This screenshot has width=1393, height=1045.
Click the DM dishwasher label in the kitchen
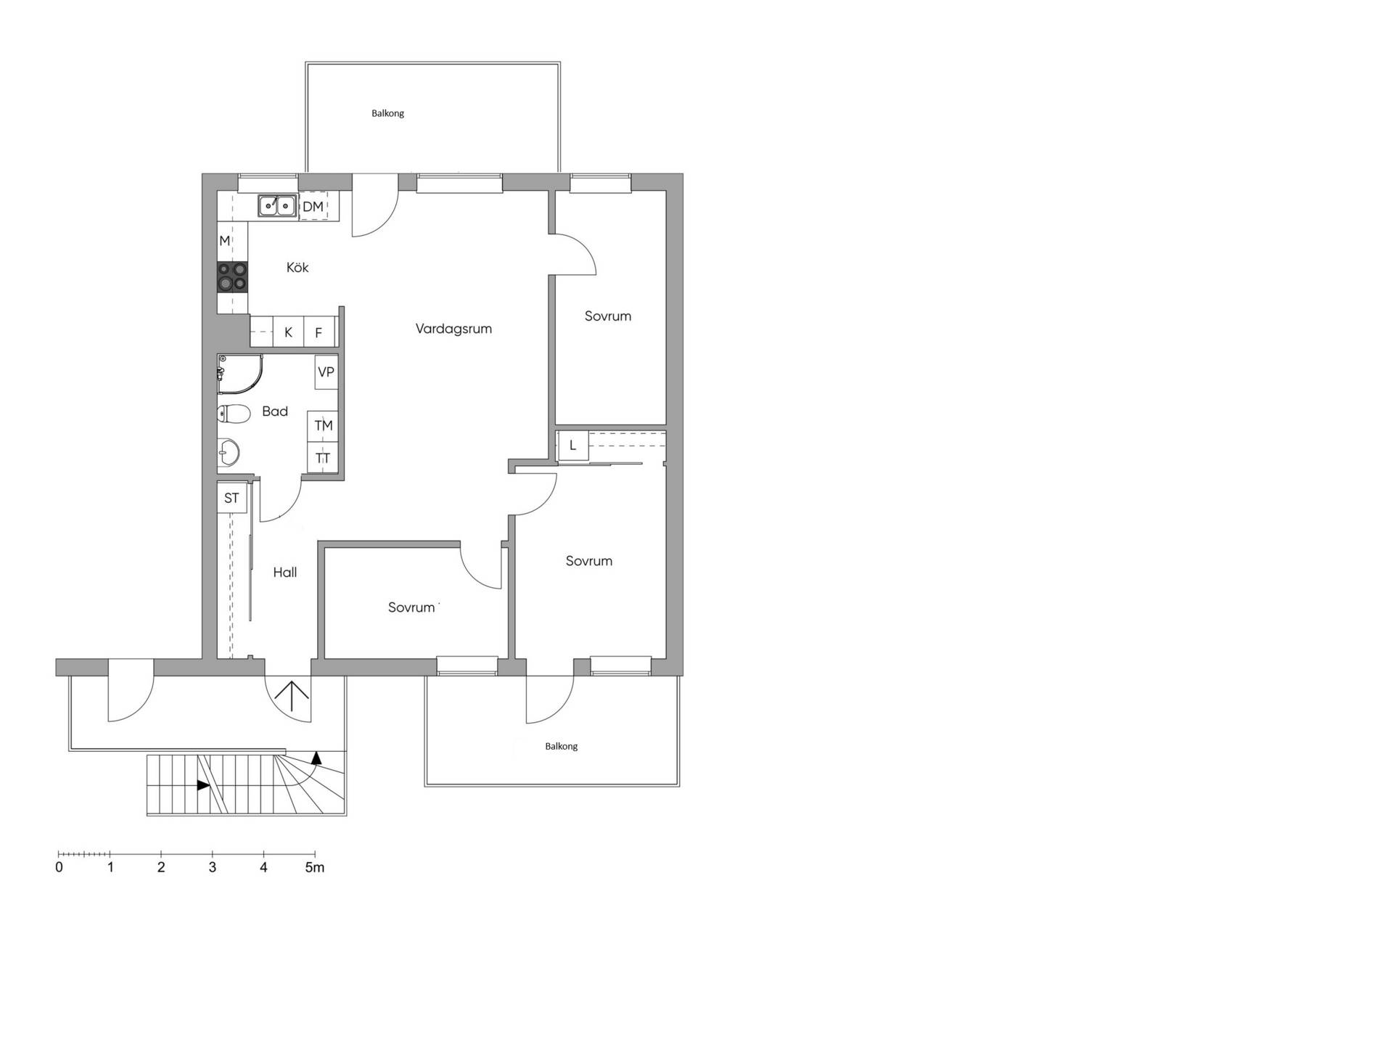click(x=313, y=207)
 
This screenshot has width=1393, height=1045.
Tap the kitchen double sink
click(x=278, y=206)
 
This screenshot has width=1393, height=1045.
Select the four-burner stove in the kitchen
click(x=232, y=277)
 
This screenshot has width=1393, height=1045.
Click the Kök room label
click(x=297, y=268)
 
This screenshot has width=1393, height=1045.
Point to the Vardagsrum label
click(x=453, y=329)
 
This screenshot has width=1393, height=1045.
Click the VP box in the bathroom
click(x=326, y=372)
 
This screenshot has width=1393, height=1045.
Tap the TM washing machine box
click(x=323, y=426)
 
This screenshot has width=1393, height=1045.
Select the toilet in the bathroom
click(x=234, y=414)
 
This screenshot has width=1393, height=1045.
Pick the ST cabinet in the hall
click(x=231, y=498)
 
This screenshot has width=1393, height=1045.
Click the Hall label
click(x=285, y=573)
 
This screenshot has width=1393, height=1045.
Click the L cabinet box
click(x=572, y=446)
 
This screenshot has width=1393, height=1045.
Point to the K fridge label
click(x=288, y=333)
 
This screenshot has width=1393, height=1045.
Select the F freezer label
click(x=318, y=334)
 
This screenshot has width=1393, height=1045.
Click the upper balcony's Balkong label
click(x=387, y=113)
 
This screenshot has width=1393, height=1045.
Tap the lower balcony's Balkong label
click(x=561, y=746)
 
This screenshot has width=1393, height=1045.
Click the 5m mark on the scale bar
click(x=314, y=867)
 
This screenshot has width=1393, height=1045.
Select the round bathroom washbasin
click(x=229, y=453)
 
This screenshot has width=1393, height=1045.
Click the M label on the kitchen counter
click(x=225, y=241)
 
